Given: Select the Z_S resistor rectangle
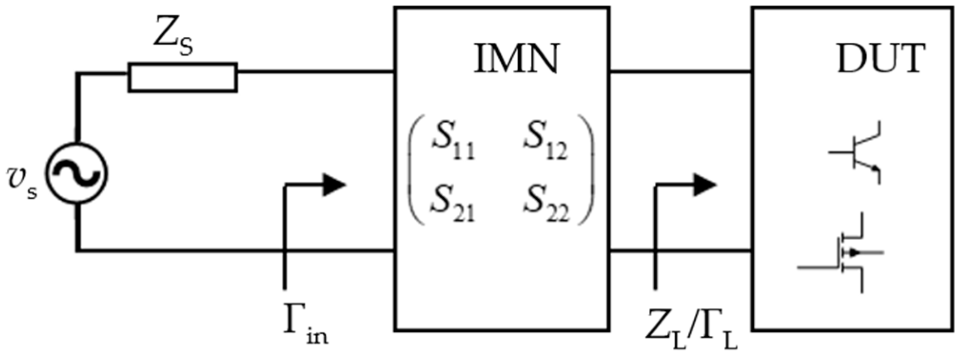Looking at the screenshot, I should [183, 77].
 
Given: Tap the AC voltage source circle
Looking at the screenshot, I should [76, 173].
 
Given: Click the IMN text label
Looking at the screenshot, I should [516, 59].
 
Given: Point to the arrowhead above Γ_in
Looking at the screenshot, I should [334, 185].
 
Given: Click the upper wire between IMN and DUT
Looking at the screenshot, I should [680, 72].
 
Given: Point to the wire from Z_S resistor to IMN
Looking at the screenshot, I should [316, 72].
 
